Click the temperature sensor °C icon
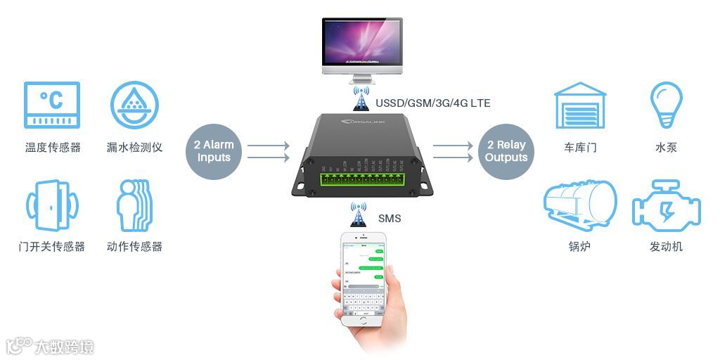tap(52, 105)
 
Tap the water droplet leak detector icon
tap(134, 105)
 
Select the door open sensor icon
tap(51, 205)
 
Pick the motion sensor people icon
tap(134, 205)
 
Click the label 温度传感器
tap(53, 147)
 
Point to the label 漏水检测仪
tap(134, 147)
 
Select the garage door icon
tap(580, 106)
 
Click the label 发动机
tap(666, 247)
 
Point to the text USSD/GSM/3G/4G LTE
tap(433, 103)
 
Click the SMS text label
tap(390, 218)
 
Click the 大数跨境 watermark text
tap(66, 347)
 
